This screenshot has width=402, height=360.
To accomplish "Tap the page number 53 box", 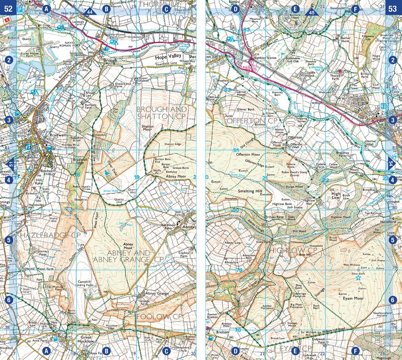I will coord(393,8).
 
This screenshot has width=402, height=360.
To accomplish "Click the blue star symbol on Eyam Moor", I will coord(358,278).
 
